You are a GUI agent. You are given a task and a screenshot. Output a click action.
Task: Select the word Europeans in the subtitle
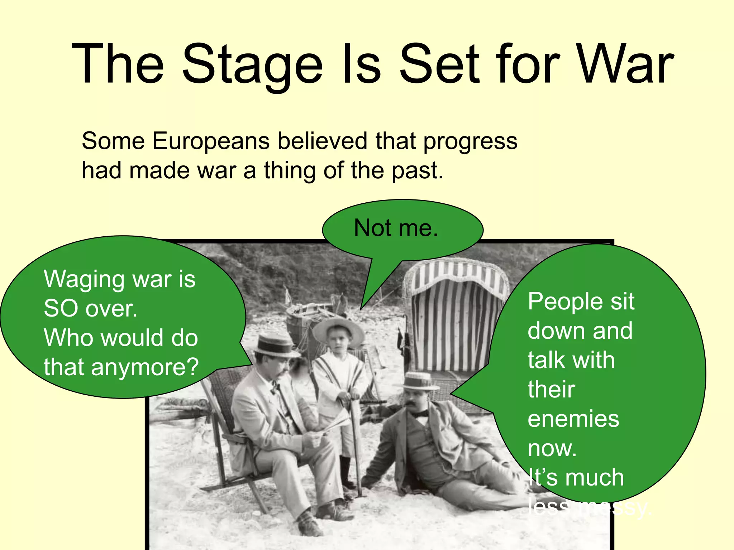tap(211, 141)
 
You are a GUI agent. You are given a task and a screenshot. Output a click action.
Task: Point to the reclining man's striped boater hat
tap(420, 381)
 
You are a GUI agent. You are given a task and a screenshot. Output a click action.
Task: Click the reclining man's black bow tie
tap(420, 414)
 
